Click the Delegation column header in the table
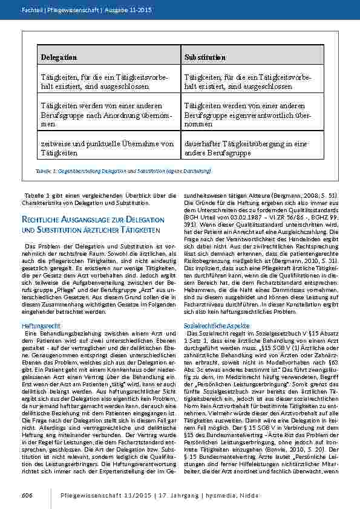click(x=59, y=57)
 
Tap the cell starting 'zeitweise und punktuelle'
click(x=108, y=149)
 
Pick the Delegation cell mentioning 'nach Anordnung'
click(x=108, y=114)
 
